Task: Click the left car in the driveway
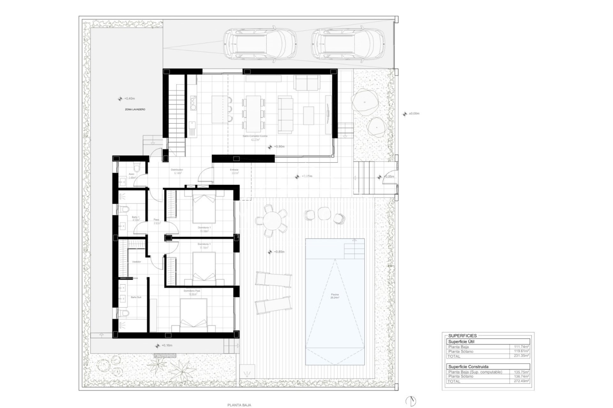coord(260,44)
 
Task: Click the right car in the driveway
coord(347,44)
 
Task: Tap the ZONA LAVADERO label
coord(135,109)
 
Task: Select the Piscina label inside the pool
coord(335,296)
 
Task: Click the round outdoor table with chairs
coord(271,220)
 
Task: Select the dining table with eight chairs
coord(254,114)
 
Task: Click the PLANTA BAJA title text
coord(239,405)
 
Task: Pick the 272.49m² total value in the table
coord(523,381)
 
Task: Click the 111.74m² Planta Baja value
coord(523,347)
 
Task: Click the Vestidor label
coord(137,262)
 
